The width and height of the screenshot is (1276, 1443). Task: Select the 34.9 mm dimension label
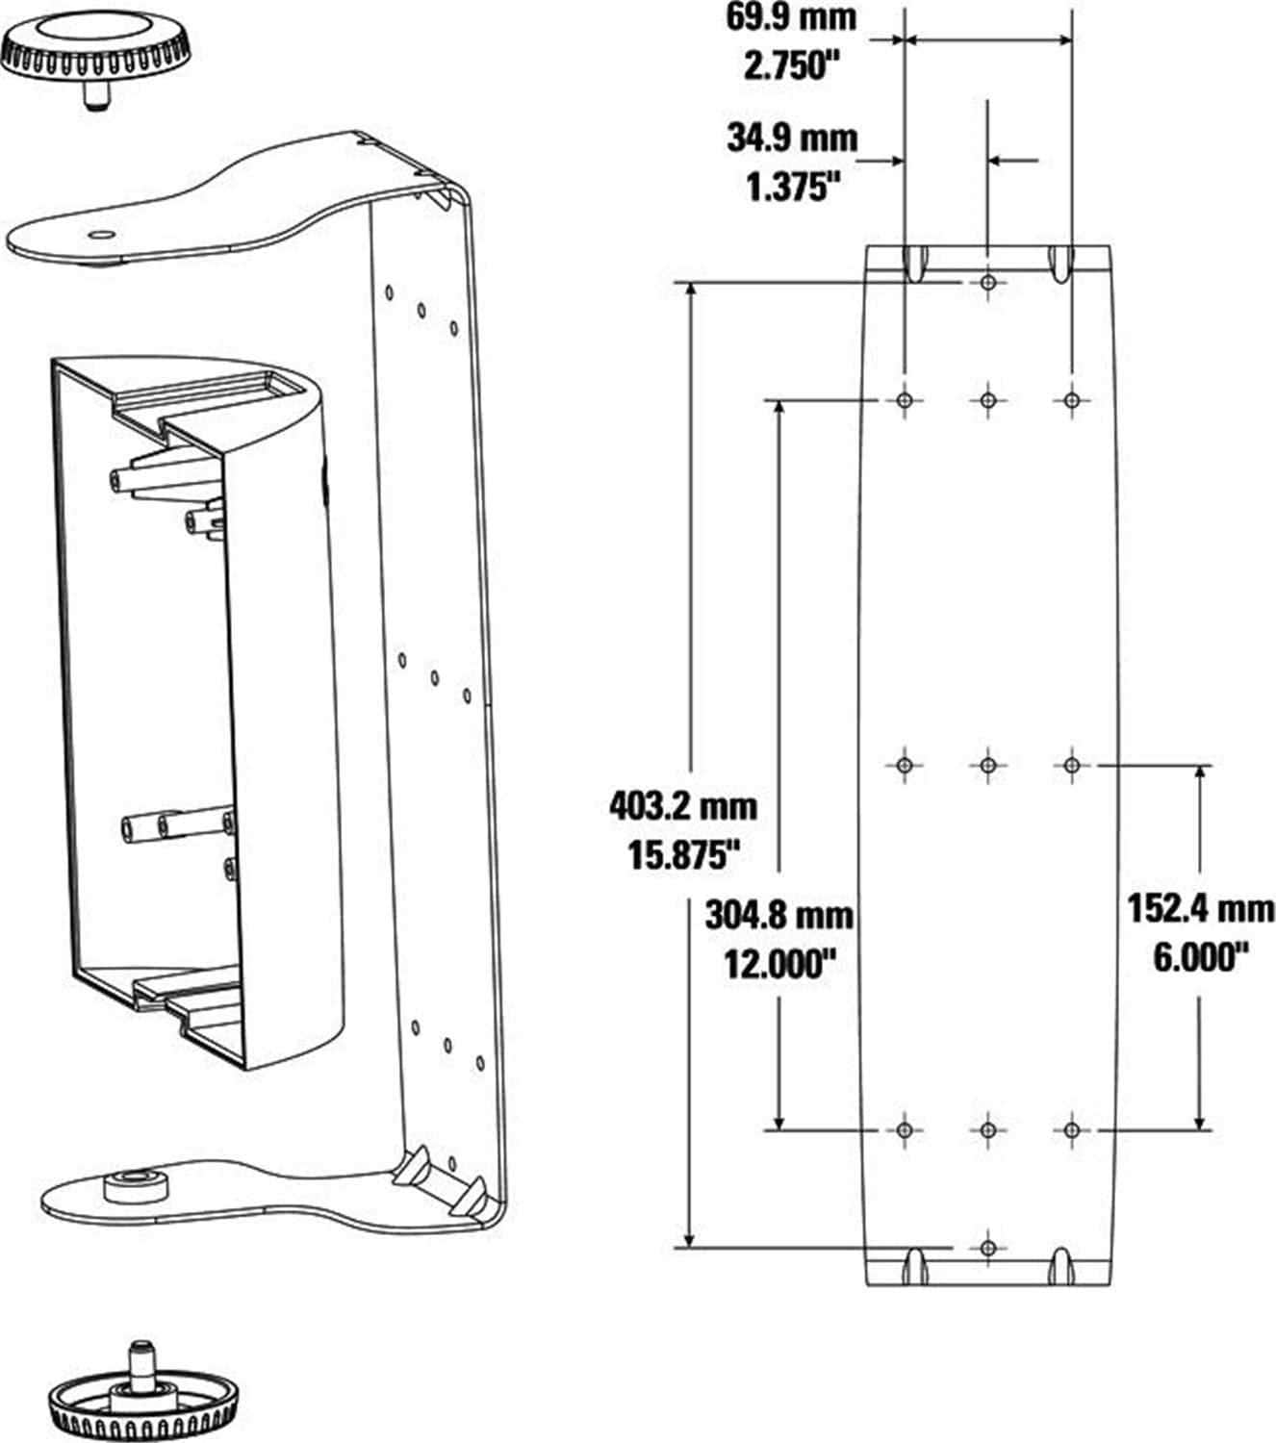tap(791, 138)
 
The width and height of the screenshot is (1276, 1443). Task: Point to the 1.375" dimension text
tap(787, 186)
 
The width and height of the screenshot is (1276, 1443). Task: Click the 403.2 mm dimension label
tap(682, 805)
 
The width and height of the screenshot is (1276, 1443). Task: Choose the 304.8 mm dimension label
tap(779, 914)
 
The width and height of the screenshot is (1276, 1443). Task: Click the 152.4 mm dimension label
tap(1200, 908)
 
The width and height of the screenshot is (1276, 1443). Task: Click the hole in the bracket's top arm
tap(99, 234)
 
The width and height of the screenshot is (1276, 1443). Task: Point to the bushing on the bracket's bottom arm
tap(136, 1184)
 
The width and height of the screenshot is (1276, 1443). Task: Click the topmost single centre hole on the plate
tap(988, 283)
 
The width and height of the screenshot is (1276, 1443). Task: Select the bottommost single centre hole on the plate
tap(988, 1248)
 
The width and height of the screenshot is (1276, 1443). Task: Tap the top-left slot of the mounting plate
tap(915, 263)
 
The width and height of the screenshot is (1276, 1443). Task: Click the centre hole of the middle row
tap(988, 766)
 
